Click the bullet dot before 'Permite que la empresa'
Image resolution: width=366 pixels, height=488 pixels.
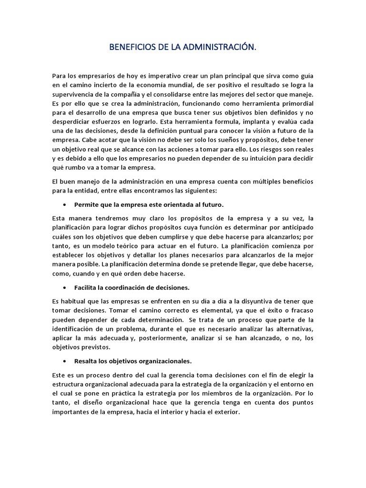tap(64, 205)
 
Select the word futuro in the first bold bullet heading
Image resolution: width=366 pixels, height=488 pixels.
tap(212, 205)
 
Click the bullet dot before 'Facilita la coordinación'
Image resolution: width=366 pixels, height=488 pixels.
tap(64, 288)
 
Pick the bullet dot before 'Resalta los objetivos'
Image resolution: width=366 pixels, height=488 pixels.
tap(64, 361)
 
